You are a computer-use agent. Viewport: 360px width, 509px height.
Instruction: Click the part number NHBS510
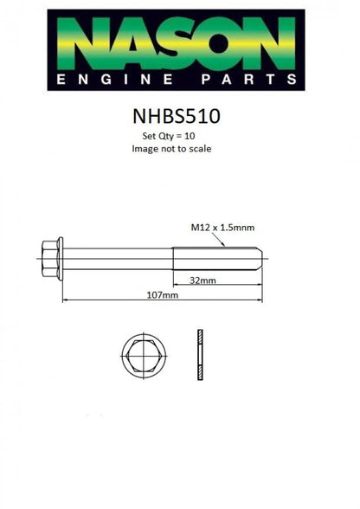coord(177,116)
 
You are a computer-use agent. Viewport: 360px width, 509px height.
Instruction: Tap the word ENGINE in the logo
coord(114,80)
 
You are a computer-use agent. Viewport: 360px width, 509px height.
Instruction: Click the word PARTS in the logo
coord(248,80)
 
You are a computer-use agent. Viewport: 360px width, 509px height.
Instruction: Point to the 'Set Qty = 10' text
coord(169,136)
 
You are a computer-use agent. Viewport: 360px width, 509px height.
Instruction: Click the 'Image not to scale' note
coord(171,149)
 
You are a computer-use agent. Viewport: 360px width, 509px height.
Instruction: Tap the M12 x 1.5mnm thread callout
coord(222,227)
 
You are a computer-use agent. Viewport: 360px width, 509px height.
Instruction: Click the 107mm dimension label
coord(163,294)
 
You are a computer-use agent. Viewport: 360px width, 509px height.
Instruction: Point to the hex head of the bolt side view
coord(49,259)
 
